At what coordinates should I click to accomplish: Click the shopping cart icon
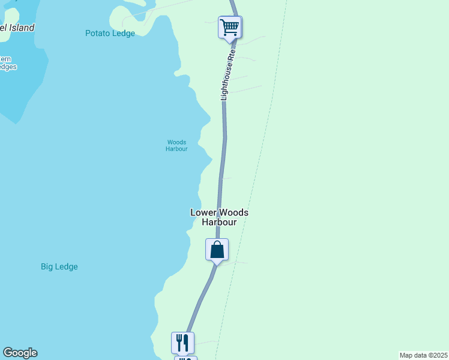coord(229,26)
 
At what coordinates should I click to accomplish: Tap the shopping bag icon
coord(217,250)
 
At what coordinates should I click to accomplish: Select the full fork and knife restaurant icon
coord(182,343)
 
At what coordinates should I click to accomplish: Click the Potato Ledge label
coord(110,34)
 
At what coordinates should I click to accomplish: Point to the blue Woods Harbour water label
coord(176,146)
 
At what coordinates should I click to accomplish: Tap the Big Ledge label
coord(59,267)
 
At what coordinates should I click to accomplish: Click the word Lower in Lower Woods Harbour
coord(202,212)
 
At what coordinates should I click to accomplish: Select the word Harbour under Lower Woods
coord(219,222)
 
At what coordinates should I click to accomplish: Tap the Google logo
coord(20,353)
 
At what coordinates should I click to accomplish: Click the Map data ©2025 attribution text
coord(424,355)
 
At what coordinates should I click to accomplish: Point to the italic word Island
coord(21,28)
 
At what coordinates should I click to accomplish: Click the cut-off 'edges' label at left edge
coord(7,67)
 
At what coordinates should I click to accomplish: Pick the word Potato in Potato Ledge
coord(98,34)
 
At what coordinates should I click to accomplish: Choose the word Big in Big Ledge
coord(47,267)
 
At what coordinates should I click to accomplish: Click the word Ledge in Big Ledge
coord(66,267)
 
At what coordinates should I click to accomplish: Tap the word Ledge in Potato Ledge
coord(123,34)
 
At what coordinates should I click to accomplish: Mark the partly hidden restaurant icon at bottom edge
coord(185,358)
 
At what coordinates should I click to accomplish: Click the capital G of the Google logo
coord(8,353)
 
